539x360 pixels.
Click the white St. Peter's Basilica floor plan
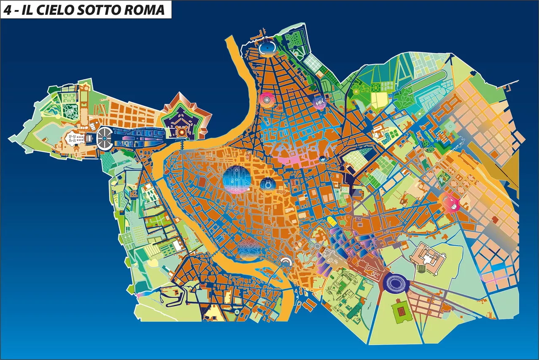[x=74, y=138]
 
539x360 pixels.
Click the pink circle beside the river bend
[x=267, y=100]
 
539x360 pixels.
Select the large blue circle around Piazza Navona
[x=237, y=179]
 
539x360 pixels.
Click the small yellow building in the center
[x=331, y=221]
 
